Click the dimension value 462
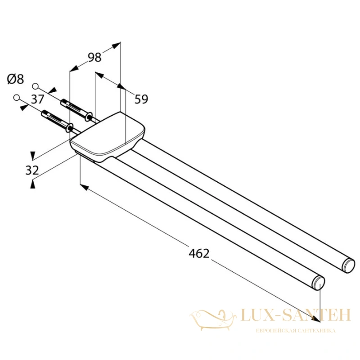(199, 253)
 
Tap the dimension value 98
(94, 58)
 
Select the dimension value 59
(141, 99)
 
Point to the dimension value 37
(37, 99)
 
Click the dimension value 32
(32, 171)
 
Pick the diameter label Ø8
(16, 79)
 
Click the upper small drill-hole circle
(35, 86)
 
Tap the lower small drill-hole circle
(16, 97)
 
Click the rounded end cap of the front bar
(319, 283)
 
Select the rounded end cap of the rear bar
(348, 265)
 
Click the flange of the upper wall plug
(89, 117)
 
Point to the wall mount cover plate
(108, 137)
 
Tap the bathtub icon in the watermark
(213, 320)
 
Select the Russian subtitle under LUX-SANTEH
(296, 331)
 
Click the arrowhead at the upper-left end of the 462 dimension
(84, 187)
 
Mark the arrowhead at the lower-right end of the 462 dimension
(316, 319)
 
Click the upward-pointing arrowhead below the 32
(33, 184)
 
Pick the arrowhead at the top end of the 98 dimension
(117, 45)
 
